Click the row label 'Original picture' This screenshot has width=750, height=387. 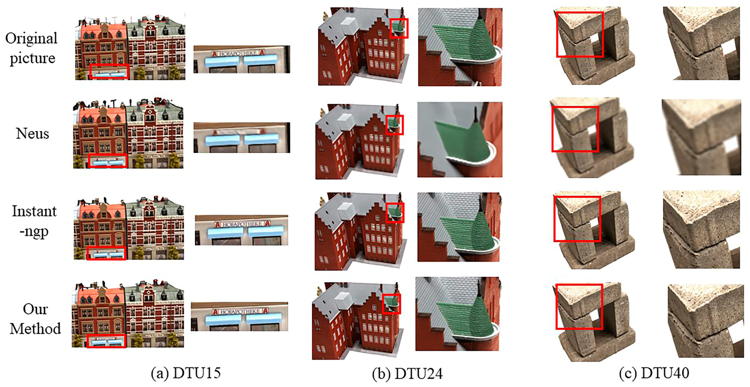coord(31,48)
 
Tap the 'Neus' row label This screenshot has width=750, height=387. coord(32,134)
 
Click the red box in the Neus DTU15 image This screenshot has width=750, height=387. coord(108,161)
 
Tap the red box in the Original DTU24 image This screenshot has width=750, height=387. coord(399,28)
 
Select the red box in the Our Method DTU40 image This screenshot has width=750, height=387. coord(579,307)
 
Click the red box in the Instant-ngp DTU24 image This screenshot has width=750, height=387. coord(395,212)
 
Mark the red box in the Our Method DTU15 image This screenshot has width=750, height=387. coord(106,341)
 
